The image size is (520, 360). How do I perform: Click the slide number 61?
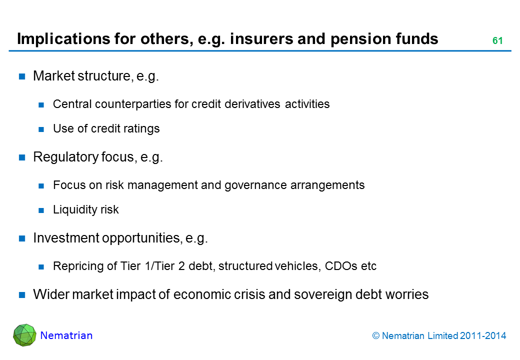497,41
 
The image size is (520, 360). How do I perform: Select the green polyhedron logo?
24,335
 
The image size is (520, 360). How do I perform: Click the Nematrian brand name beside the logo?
66,335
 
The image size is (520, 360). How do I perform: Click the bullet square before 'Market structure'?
22,76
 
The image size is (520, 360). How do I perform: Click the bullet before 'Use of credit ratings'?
42,129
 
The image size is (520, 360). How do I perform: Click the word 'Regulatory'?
61,157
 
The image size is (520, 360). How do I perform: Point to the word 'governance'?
261,185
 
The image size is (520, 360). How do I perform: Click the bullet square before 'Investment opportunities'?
22,238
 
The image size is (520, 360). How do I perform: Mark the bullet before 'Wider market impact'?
22,294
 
